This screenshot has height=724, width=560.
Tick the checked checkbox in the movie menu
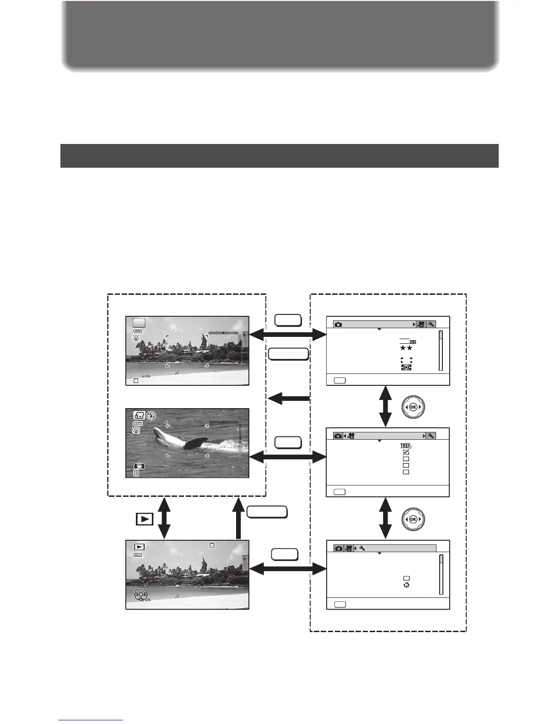[x=406, y=452]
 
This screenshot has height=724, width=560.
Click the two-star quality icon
[x=406, y=348]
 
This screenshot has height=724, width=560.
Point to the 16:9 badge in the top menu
[x=412, y=341]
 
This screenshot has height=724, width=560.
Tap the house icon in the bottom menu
[x=406, y=585]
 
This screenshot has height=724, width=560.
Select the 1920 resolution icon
[x=406, y=445]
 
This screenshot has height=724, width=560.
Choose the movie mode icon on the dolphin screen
[x=139, y=415]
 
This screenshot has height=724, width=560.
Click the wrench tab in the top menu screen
[x=431, y=324]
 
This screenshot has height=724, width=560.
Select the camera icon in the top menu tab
[x=338, y=324]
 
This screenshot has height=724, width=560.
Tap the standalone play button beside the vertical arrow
[x=144, y=519]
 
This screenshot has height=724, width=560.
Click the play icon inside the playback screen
[x=139, y=547]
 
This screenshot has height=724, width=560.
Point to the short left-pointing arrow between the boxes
[x=288, y=399]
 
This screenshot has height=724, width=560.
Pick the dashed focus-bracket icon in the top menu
[x=406, y=360]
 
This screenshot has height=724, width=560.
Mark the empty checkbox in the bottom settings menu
[x=406, y=578]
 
